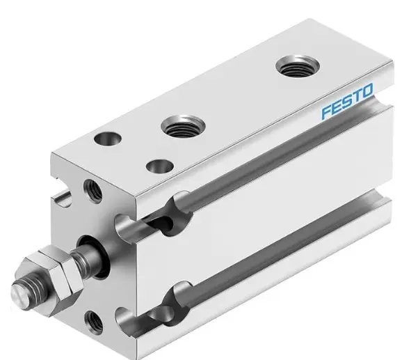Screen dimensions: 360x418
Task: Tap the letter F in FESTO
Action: tap(325, 110)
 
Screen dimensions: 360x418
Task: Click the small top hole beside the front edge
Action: tap(160, 168)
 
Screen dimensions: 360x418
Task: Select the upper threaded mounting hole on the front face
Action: tap(91, 187)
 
